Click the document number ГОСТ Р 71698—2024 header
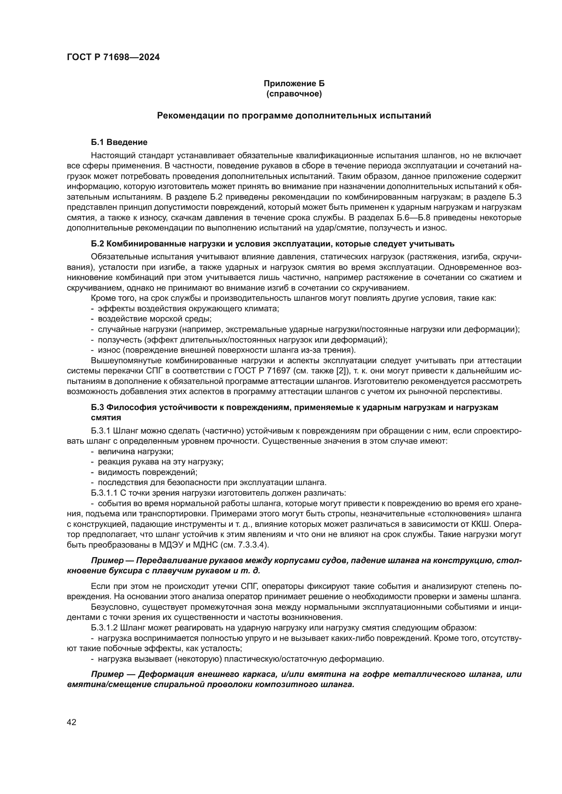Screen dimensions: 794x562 [113, 57]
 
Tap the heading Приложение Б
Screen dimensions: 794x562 [294, 84]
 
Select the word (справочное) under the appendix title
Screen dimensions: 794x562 [294, 94]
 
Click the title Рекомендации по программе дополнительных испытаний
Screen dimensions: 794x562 [294, 115]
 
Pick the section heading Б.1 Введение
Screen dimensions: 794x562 [119, 142]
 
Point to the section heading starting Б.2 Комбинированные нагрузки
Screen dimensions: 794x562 [272, 244]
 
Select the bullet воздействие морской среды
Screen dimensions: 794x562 [154, 319]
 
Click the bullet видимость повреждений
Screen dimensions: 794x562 [147, 472]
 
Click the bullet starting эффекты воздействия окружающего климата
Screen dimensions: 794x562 [188, 309]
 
